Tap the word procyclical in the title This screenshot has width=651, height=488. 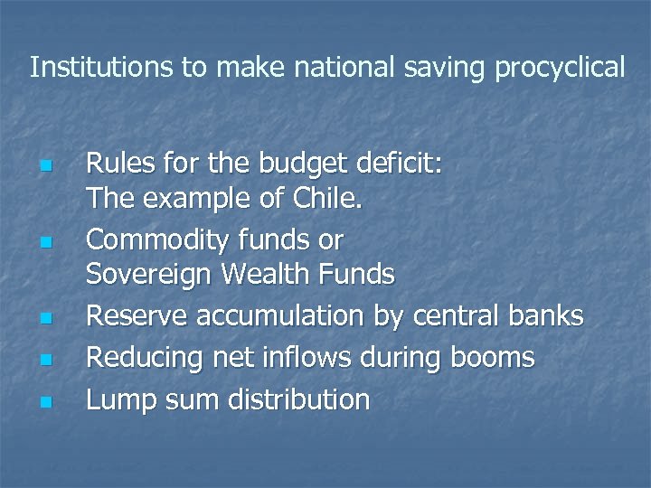click(x=560, y=68)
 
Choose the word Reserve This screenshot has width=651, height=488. click(x=132, y=316)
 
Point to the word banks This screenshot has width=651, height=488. click(x=546, y=316)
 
